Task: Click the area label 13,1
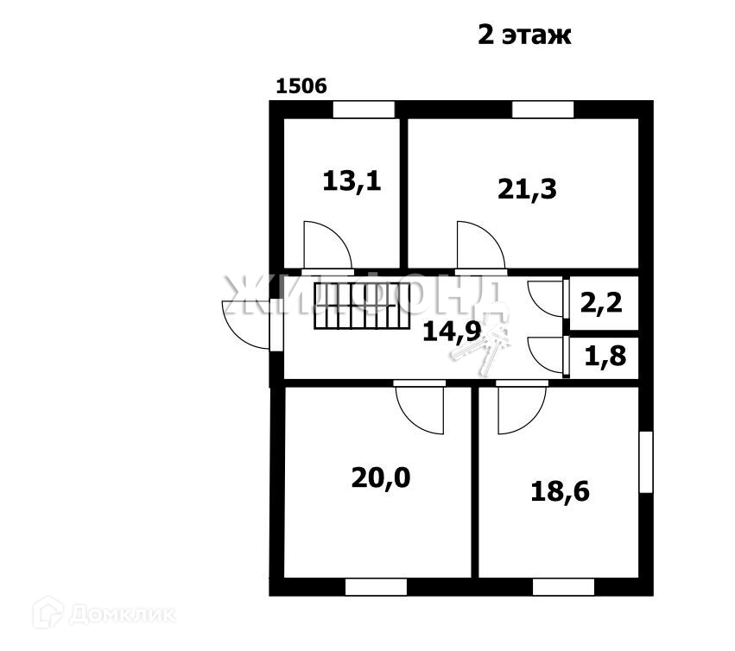tap(352, 181)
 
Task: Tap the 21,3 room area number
tap(527, 188)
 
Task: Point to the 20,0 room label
tap(381, 477)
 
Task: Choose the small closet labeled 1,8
tap(607, 356)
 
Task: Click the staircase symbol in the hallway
tap(360, 306)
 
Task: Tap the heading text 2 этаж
tap(524, 35)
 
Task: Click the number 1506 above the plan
tap(301, 86)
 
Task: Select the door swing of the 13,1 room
tap(326, 245)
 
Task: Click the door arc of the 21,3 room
tap(479, 245)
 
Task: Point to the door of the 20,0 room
tap(421, 408)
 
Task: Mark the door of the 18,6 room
tap(520, 408)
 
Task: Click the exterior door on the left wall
tap(248, 324)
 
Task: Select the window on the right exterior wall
tap(645, 462)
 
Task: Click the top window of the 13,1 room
tap(364, 110)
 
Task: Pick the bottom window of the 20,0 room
tap(376, 587)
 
